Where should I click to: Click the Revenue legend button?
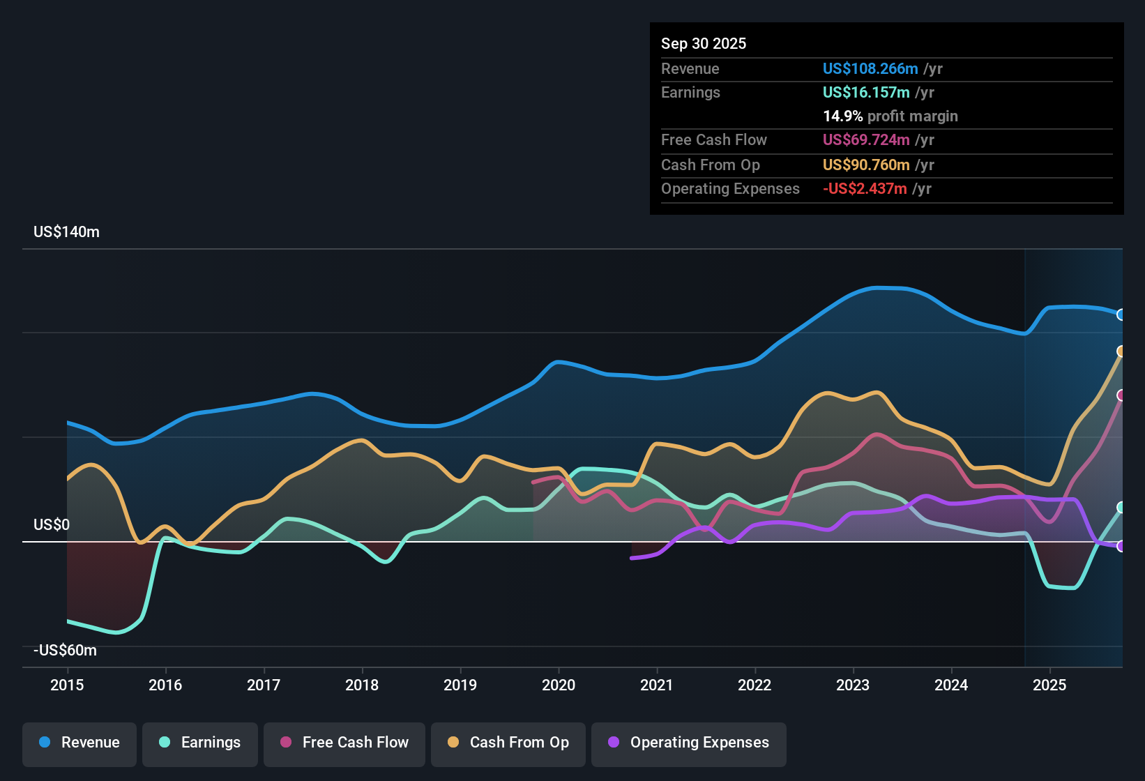[79, 743]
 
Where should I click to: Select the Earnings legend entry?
[200, 743]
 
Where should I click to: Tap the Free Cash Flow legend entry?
[344, 743]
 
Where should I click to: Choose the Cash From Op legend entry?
[508, 743]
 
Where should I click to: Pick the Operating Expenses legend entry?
[689, 743]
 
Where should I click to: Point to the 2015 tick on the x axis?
[67, 685]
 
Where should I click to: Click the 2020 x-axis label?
[559, 685]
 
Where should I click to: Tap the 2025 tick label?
[1049, 685]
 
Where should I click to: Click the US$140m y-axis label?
[66, 232]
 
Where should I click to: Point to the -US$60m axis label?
[65, 651]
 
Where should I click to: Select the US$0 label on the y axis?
[52, 525]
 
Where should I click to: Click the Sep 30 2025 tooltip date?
[703, 44]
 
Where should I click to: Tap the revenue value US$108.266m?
[870, 69]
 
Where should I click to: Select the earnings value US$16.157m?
[865, 93]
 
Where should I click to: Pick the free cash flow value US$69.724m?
[865, 140]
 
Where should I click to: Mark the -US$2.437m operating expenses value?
[865, 189]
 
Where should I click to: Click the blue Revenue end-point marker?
[1121, 314]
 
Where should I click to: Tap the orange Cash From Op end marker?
[1121, 351]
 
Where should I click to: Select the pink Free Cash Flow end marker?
[1121, 395]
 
